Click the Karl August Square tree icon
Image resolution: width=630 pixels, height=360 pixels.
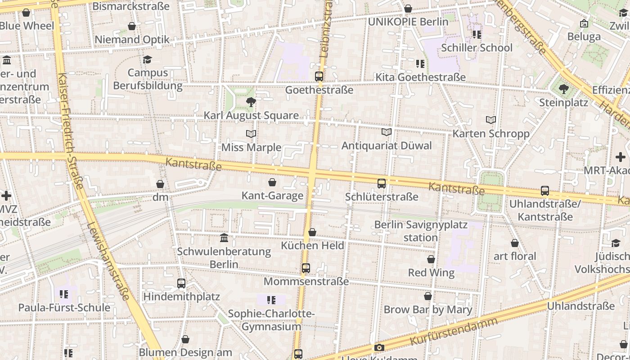point(251,102)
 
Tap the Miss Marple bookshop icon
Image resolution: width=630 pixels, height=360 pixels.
point(251,134)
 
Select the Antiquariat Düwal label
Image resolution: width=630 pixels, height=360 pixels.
point(386,145)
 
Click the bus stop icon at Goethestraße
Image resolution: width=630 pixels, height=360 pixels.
point(319,76)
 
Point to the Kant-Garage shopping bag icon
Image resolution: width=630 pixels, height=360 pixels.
point(272,182)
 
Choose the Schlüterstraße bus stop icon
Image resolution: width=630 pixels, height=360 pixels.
point(382,183)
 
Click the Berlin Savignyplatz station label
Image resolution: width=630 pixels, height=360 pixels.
point(421,231)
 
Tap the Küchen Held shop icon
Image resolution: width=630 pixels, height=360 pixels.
point(312,232)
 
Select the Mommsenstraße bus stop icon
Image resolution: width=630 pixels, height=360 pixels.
point(306,268)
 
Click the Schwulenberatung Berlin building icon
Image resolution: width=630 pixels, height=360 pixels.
point(224,238)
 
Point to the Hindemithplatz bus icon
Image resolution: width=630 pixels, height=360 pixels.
point(181,283)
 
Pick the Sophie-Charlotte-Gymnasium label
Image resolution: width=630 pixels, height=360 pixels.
point(271,320)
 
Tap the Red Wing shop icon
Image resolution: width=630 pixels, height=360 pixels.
point(431,260)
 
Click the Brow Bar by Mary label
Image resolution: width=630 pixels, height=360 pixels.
point(427,310)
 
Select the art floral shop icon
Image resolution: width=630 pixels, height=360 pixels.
point(515,243)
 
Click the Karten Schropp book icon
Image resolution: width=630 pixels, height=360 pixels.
point(491,120)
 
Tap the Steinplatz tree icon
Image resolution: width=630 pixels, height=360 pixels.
point(563,89)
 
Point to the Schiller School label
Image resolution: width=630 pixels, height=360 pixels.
point(477,48)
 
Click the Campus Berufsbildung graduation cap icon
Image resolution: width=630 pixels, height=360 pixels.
point(147,59)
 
